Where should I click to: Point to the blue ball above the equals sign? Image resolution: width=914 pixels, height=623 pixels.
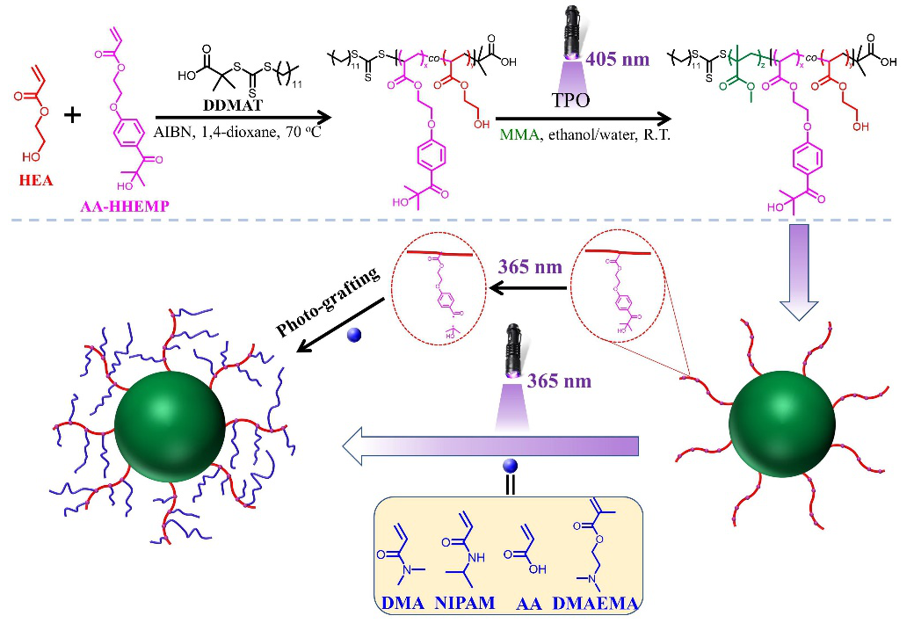[x=508, y=466]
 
